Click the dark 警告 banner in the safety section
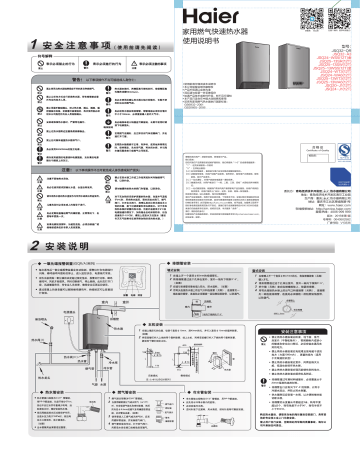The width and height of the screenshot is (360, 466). pyautogui.click(x=90, y=77)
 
